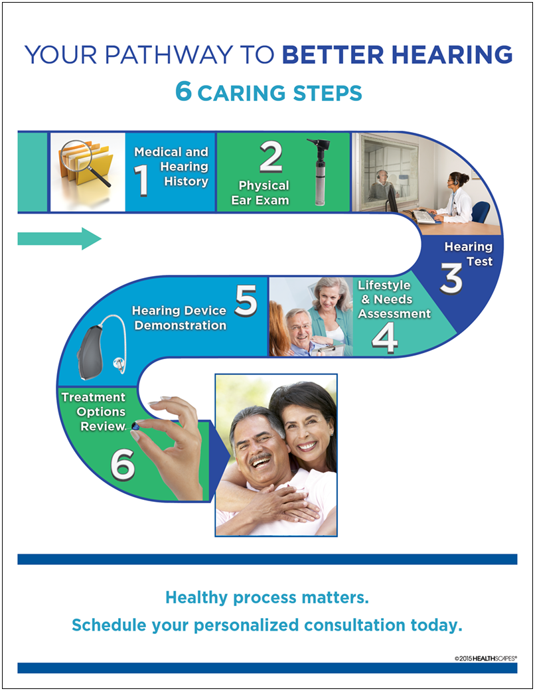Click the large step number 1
coord(141,181)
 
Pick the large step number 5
coord(246,300)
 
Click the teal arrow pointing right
coord(59,238)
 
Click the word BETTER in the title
coord(337,54)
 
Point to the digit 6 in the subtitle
coord(183,92)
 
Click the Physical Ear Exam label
coord(264,192)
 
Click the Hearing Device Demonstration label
coord(179,318)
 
